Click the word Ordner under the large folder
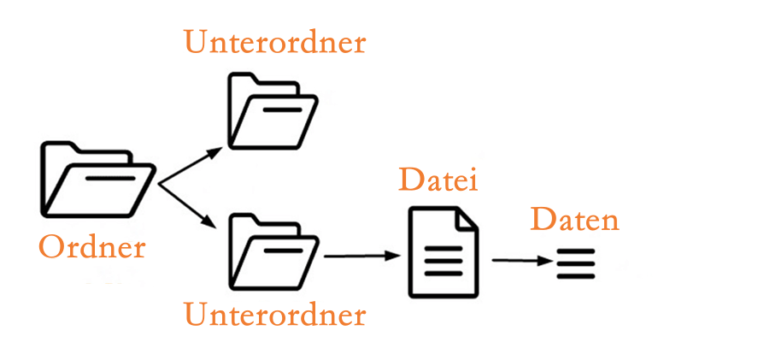(x=92, y=248)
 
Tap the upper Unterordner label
(x=274, y=42)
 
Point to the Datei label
(x=438, y=181)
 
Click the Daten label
(x=574, y=220)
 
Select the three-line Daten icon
(x=575, y=263)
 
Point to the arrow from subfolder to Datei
(x=362, y=256)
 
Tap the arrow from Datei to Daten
(x=520, y=261)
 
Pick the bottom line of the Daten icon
(x=575, y=274)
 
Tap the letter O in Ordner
(x=52, y=248)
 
